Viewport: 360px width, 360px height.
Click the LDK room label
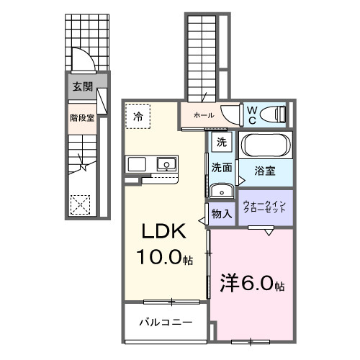[163, 232]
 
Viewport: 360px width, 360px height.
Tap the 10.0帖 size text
[163, 256]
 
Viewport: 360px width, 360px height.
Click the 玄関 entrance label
[82, 86]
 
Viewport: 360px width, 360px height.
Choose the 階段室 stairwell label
[82, 117]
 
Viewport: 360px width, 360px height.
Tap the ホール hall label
[202, 114]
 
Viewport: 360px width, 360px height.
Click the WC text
[253, 114]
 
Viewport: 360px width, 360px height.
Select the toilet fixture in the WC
[274, 114]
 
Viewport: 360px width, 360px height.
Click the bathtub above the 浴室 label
[266, 145]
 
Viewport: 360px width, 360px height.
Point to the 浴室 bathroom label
[266, 171]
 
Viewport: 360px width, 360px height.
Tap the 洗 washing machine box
[221, 142]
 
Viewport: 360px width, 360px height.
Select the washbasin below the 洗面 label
[220, 190]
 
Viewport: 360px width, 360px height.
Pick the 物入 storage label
[221, 213]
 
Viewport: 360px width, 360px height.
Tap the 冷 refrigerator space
[138, 114]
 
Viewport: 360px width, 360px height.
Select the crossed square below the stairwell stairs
[81, 204]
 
